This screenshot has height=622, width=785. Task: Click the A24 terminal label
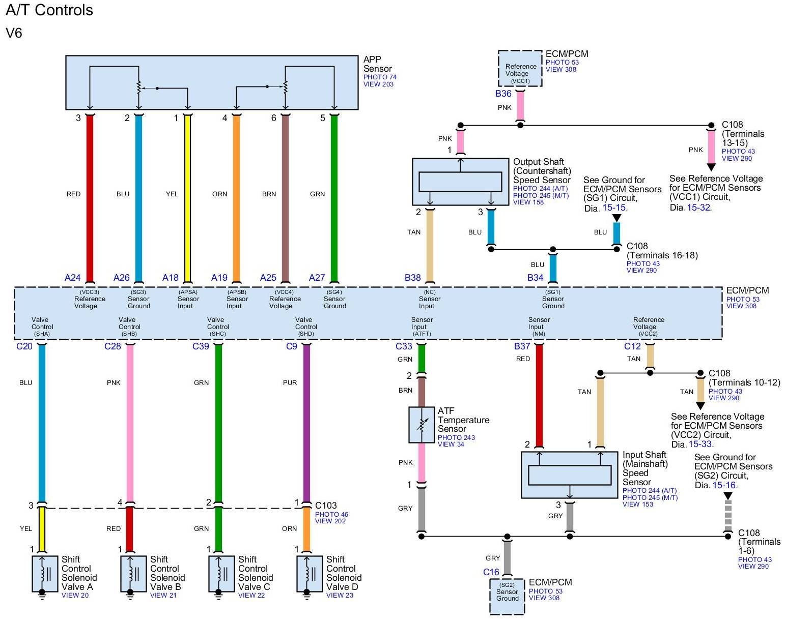click(72, 278)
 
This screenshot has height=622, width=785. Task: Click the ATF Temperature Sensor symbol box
click(422, 425)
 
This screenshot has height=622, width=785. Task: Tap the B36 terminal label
click(503, 94)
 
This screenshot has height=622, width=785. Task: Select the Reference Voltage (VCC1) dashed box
click(520, 69)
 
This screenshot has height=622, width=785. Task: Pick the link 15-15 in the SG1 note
click(614, 208)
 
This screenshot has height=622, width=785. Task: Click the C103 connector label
click(326, 506)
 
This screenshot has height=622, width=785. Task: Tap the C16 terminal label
click(491, 572)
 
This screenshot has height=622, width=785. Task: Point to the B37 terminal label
click(522, 346)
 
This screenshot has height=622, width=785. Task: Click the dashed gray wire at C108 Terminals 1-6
click(728, 516)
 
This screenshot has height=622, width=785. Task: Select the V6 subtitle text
click(14, 34)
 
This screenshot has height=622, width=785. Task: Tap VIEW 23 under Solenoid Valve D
click(340, 596)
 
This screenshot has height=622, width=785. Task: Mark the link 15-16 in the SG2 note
click(724, 486)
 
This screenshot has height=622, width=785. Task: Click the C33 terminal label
click(404, 346)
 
